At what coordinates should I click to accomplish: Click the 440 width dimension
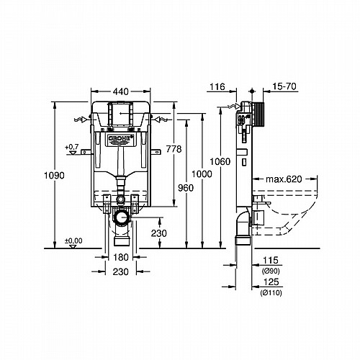pos(121,91)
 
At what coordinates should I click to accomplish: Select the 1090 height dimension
pos(54,176)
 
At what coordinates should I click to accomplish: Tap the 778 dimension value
pos(174,149)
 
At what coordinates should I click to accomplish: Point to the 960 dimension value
pos(186,188)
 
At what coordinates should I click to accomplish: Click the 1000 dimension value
pos(202,174)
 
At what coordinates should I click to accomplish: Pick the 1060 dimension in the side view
pos(220,161)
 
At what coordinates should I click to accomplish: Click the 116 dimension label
pos(217,86)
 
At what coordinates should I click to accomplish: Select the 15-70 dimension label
pos(284,86)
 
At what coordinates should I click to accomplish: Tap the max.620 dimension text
pos(284,179)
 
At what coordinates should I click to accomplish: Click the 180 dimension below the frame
pos(121,257)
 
